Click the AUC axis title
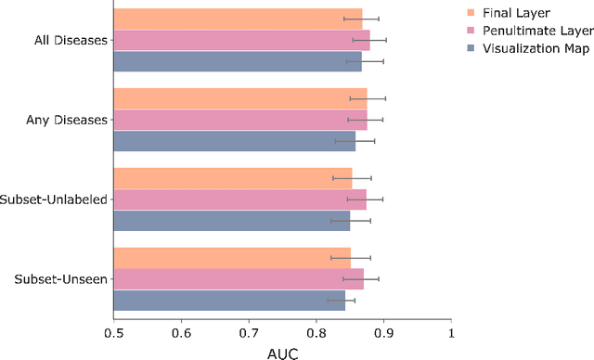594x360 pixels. [282, 351]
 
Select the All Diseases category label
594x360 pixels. [69, 40]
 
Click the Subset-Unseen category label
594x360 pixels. [60, 278]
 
